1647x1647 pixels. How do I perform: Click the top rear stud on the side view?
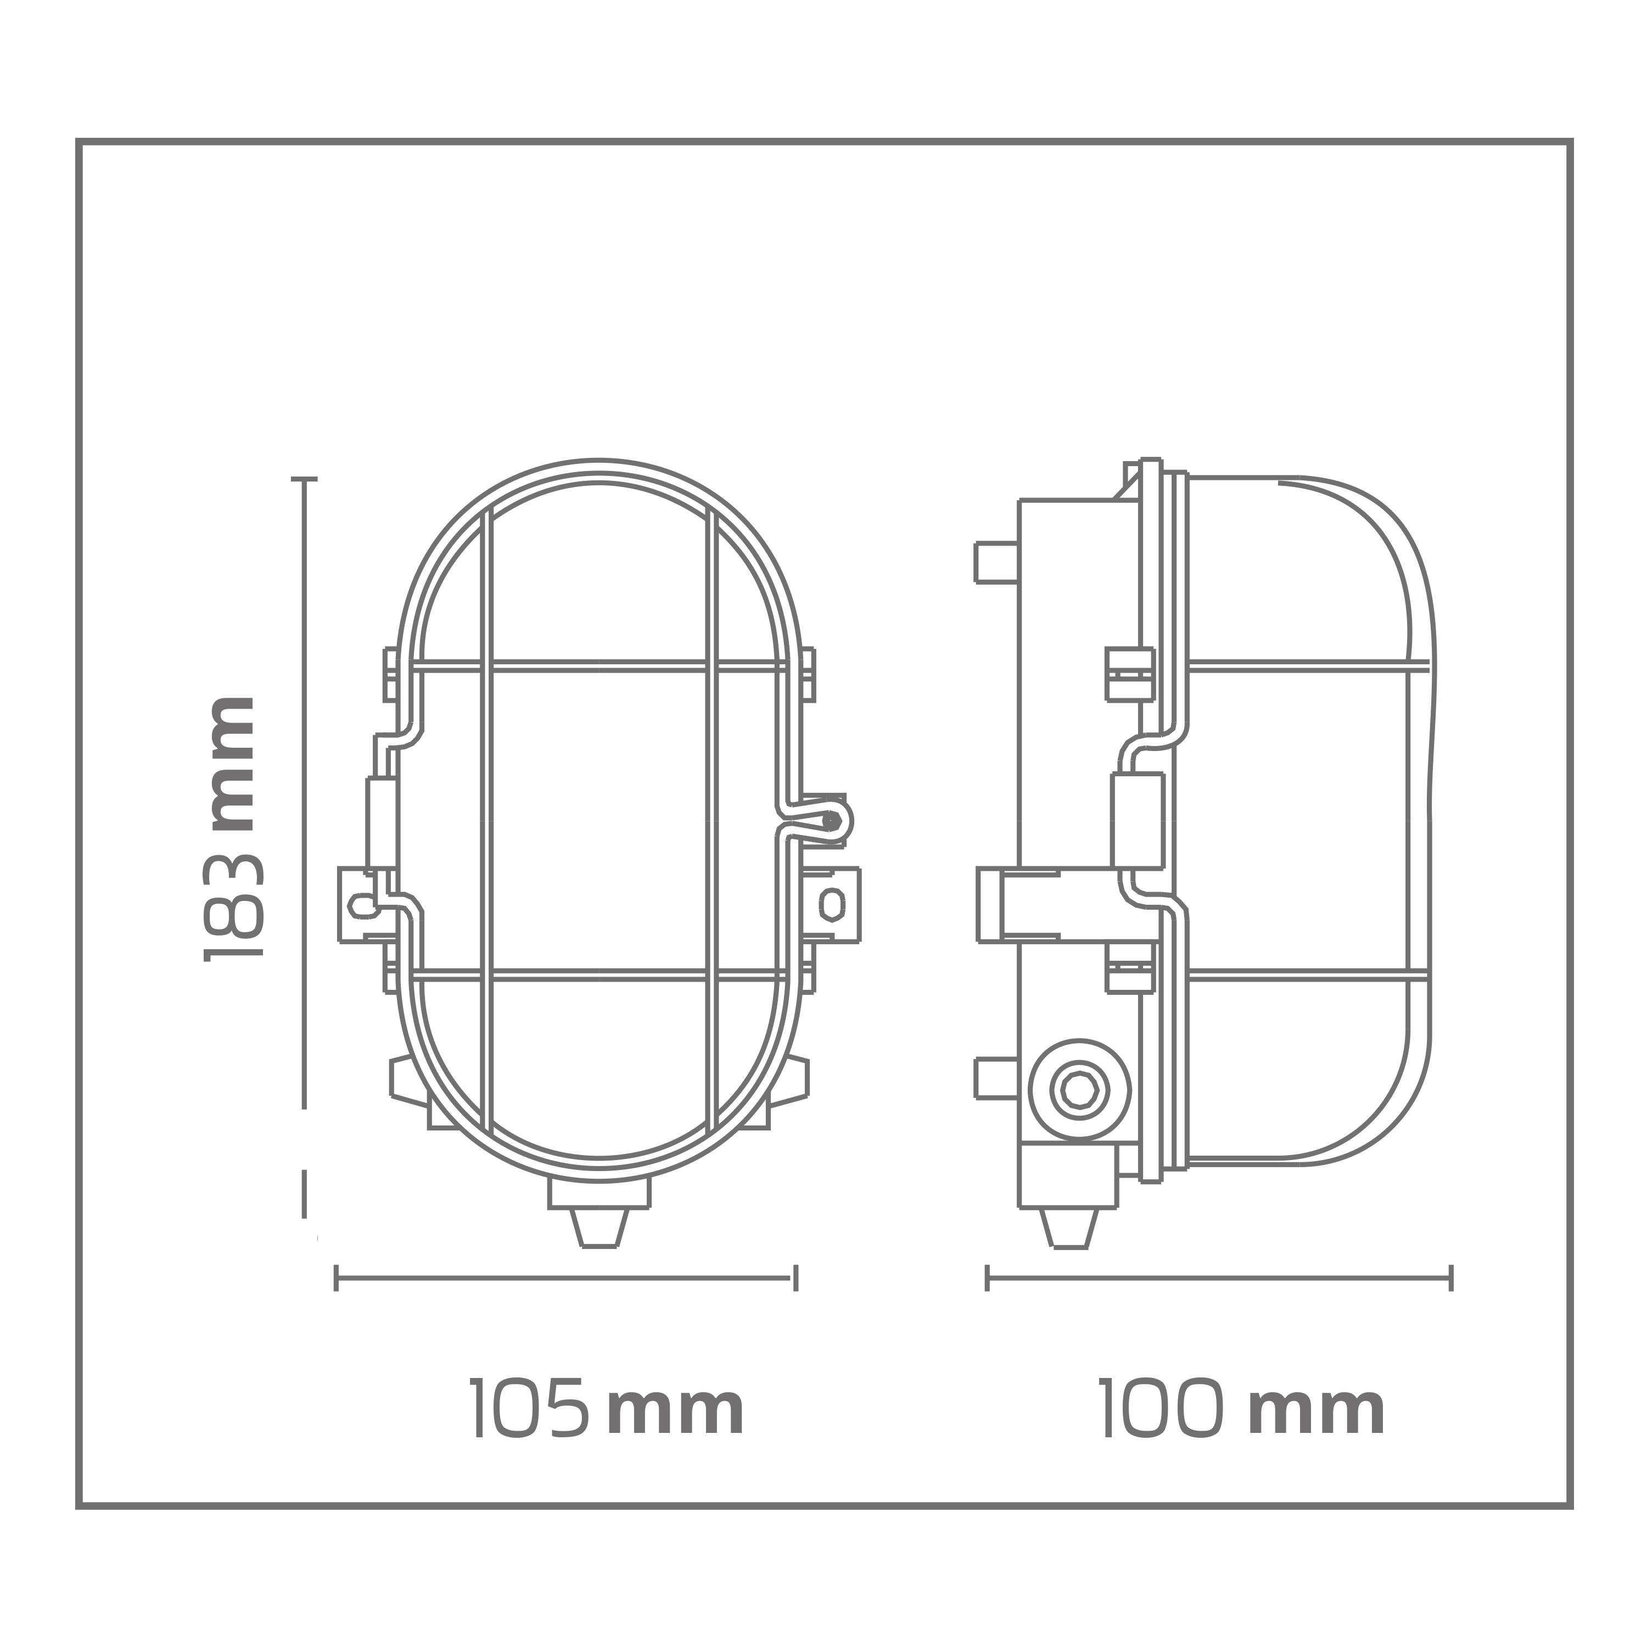pos(996,563)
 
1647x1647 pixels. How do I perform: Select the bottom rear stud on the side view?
pos(996,1078)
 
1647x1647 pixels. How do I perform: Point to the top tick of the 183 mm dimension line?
pos(304,479)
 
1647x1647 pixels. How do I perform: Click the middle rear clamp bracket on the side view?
pos(1019,905)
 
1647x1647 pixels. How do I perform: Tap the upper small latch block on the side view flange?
pos(1129,674)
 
